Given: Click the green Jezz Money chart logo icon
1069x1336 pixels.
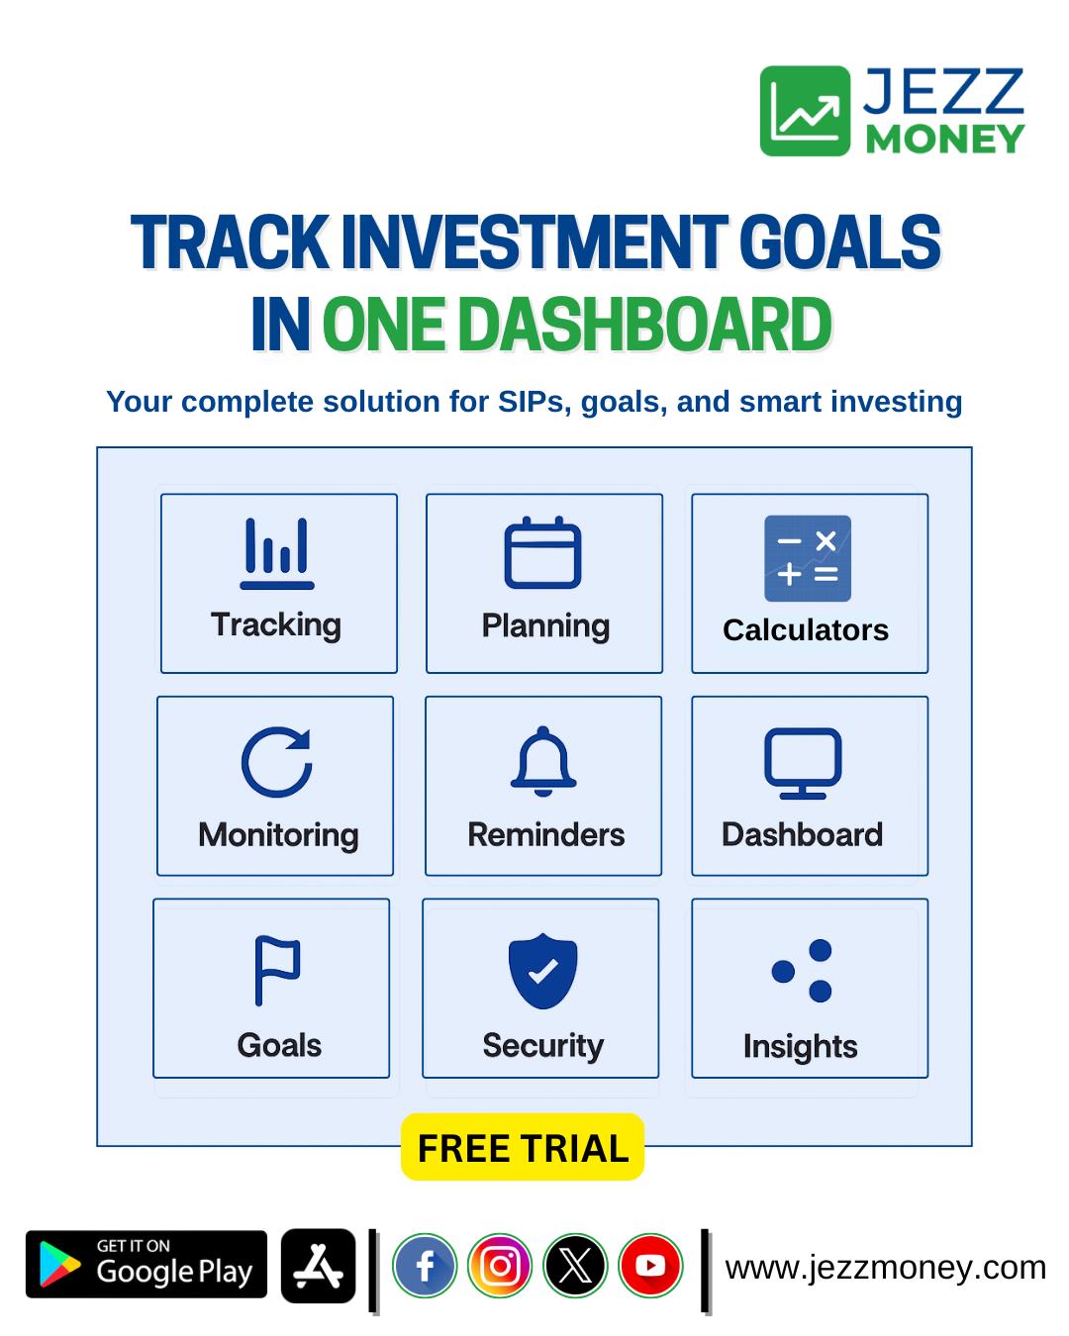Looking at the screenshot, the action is click(805, 111).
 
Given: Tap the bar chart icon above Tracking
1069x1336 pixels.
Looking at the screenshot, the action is click(277, 553).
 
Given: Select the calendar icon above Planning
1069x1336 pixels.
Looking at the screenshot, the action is click(542, 552).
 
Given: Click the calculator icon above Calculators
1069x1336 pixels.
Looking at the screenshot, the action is click(808, 558).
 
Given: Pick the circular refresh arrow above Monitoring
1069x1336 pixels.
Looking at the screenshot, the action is click(277, 762).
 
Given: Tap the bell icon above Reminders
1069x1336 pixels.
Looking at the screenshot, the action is click(543, 761).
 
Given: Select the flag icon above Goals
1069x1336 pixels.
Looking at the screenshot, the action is click(277, 971).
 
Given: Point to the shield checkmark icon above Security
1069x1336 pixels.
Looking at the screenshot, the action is click(542, 971).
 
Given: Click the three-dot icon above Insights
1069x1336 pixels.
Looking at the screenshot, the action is click(802, 971).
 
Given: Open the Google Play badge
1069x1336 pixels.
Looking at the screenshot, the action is click(146, 1264).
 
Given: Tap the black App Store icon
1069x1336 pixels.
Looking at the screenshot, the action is click(318, 1265).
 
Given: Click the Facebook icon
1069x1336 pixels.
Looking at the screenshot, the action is click(425, 1266).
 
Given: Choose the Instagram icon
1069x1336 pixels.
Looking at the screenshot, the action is click(500, 1266).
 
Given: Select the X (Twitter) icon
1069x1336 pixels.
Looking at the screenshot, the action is click(575, 1266).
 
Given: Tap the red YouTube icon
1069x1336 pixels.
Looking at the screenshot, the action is click(650, 1266).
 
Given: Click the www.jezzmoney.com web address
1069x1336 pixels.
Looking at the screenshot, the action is click(886, 1267).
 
